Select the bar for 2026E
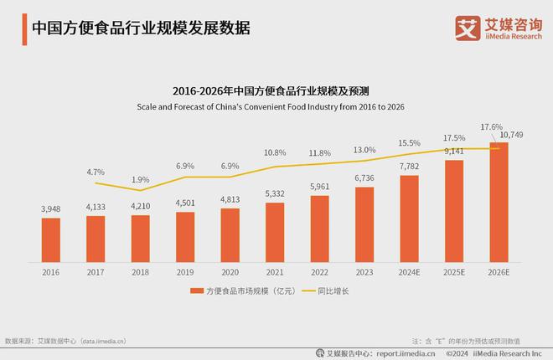point(499,201)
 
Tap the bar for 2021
point(275,230)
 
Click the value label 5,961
point(319,187)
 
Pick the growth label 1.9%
point(141,179)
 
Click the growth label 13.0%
point(364,150)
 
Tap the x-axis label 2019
point(185,272)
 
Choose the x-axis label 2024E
point(409,272)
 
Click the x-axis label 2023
point(364,272)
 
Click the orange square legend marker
point(194,291)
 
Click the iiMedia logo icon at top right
point(466,28)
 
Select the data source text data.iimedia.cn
point(91,341)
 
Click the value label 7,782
point(409,166)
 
